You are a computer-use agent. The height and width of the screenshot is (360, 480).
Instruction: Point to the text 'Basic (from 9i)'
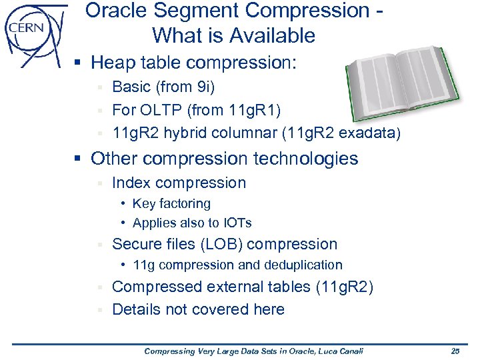tap(163, 87)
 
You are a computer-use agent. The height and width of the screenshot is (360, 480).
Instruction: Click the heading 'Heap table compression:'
tap(193, 63)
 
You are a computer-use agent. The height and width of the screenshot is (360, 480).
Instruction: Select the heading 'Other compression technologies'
tap(224, 159)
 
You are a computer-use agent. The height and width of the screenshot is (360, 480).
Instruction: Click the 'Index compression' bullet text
tap(179, 183)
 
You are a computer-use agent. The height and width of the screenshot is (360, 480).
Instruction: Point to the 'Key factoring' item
tap(171, 204)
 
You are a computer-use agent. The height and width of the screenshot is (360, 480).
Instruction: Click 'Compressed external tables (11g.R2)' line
tap(242, 287)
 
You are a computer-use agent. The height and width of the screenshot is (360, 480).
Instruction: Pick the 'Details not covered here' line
tap(198, 309)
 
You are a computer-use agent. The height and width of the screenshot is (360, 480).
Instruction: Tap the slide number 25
tap(455, 351)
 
